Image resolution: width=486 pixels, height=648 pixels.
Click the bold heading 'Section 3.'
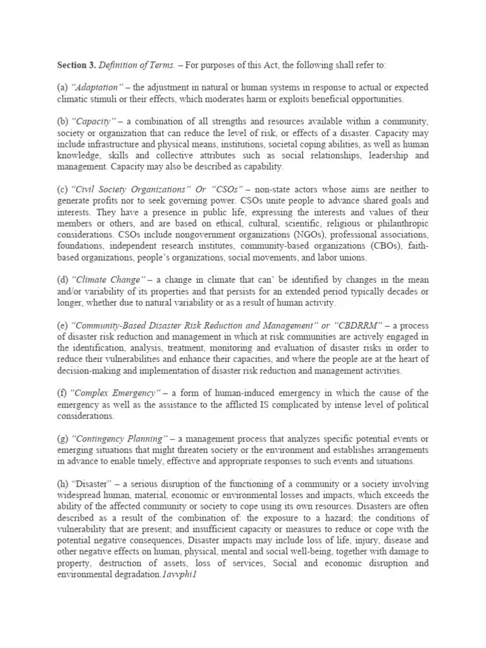77,65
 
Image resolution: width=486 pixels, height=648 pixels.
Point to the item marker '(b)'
63,121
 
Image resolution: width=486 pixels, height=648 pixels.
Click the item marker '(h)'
63,483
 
